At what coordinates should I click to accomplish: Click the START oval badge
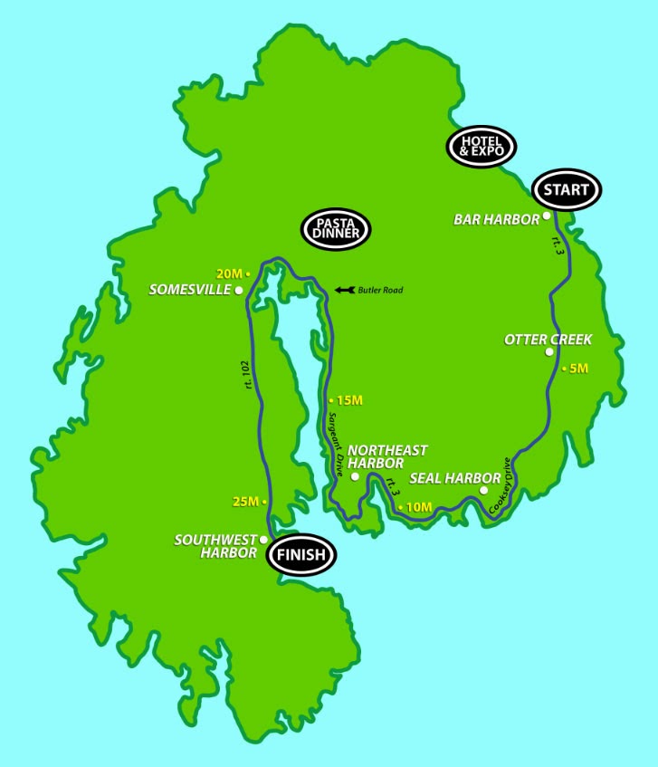click(567, 190)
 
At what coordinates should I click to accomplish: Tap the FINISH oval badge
click(300, 556)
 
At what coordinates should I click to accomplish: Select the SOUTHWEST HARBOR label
click(216, 547)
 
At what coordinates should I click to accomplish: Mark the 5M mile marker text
click(577, 369)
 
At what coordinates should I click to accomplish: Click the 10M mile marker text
click(418, 507)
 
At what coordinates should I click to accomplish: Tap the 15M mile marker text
click(348, 400)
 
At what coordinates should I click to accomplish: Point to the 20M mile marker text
click(229, 273)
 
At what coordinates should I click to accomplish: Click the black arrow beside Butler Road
click(343, 290)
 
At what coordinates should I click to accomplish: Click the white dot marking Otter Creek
click(549, 352)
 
